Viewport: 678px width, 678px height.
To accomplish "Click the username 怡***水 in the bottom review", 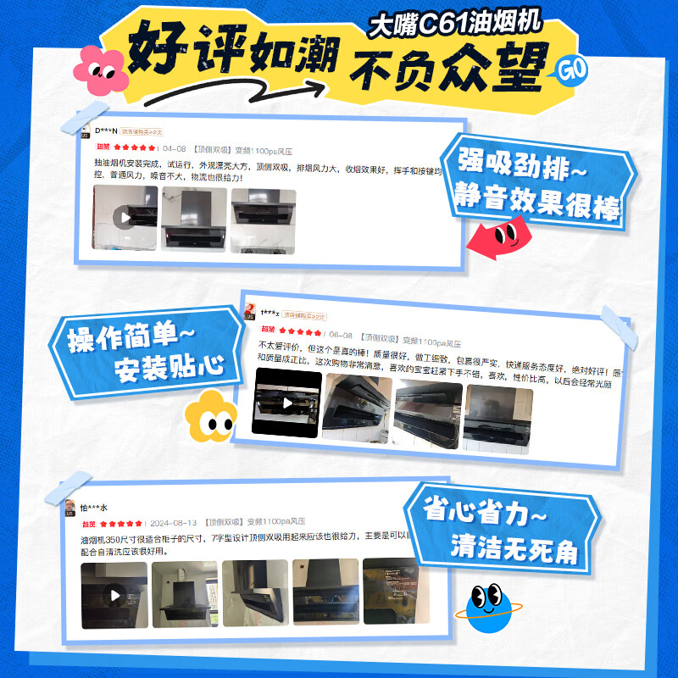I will tap(94, 507).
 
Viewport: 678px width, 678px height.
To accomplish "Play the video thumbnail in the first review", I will tap(126, 218).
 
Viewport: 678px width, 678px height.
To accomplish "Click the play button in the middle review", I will tap(287, 403).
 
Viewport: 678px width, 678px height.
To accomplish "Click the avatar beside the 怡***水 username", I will tap(70, 508).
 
